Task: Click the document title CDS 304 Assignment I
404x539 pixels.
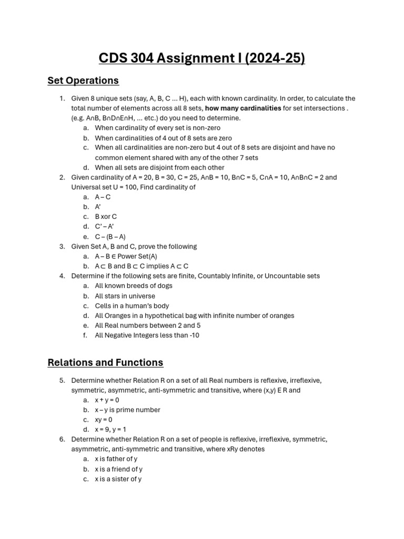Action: click(201, 57)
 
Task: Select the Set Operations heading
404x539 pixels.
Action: click(83, 81)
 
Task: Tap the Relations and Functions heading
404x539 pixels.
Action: click(105, 362)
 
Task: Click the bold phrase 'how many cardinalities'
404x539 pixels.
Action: click(243, 108)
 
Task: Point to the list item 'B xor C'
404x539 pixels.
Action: click(106, 217)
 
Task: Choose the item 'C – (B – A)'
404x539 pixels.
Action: click(110, 237)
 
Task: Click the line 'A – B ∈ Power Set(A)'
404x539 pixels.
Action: click(126, 256)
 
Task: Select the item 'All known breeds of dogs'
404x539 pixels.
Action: click(134, 286)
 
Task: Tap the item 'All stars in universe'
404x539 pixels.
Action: click(125, 296)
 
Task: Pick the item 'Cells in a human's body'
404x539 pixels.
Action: click(132, 306)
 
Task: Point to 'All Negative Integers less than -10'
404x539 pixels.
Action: click(147, 335)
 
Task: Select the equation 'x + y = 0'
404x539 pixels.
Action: click(107, 400)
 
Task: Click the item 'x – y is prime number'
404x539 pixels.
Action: click(127, 410)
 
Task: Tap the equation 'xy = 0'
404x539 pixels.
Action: click(104, 420)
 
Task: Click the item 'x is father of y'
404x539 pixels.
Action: click(116, 459)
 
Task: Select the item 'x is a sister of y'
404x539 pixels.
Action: click(118, 479)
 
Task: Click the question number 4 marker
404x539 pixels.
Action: click(62, 276)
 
